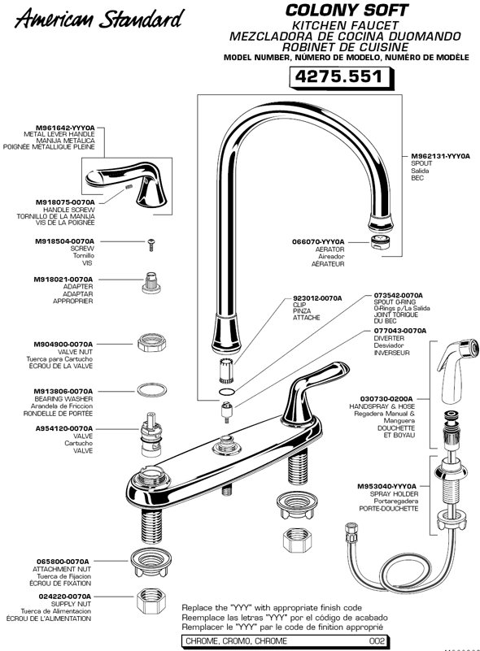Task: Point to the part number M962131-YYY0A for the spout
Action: (x=441, y=155)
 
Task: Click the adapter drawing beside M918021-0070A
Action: (x=150, y=281)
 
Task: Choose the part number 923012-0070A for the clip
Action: (x=317, y=298)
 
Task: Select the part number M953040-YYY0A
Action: (x=387, y=486)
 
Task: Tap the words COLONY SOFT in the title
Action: (x=346, y=11)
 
